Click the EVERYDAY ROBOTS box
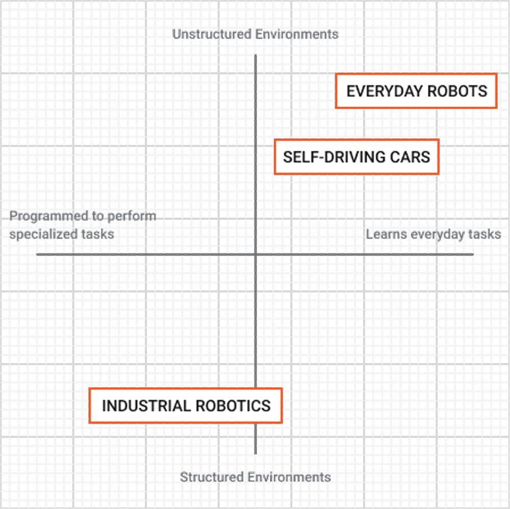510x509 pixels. [416, 91]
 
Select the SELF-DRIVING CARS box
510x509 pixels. [356, 157]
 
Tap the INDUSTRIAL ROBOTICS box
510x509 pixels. [186, 406]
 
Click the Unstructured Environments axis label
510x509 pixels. [255, 34]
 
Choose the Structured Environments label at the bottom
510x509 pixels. [255, 477]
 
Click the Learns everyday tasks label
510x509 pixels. [433, 234]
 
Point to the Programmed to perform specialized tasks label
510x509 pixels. [83, 225]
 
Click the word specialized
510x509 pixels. [45, 234]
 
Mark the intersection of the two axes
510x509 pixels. [256, 254]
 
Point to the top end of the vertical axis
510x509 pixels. [256, 56]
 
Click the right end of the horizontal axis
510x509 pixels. [472, 254]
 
